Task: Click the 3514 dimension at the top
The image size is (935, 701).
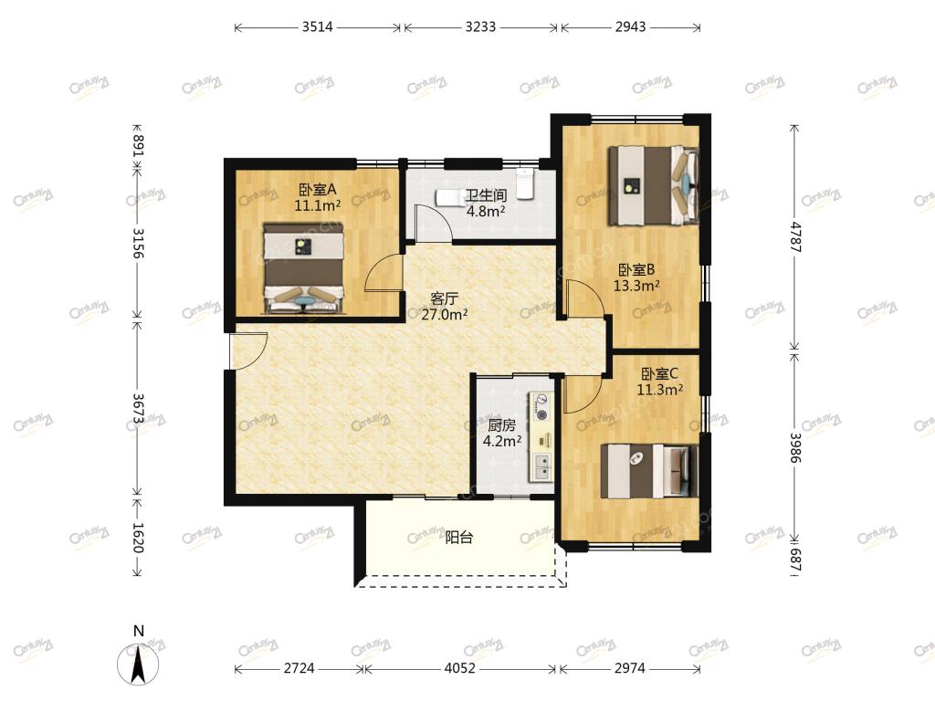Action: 317,26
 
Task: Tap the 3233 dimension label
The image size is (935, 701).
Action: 480,26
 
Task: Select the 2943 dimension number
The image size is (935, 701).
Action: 630,26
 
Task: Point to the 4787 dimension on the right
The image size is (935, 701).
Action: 795,236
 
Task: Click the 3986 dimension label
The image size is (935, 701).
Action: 795,447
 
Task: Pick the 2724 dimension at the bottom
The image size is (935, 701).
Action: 299,668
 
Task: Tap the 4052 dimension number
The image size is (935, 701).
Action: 460,668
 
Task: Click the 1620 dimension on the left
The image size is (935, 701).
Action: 138,538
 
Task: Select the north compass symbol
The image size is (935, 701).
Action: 139,659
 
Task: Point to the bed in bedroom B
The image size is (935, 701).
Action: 653,185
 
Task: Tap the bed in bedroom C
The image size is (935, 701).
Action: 649,471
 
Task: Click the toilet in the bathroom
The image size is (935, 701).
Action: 524,183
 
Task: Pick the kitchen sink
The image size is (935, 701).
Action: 542,467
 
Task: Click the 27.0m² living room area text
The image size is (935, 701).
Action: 445,314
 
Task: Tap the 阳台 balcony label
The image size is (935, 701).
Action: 459,537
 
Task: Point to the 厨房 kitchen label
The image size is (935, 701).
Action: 501,425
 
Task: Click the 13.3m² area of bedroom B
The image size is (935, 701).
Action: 636,286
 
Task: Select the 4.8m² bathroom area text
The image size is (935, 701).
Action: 486,211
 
